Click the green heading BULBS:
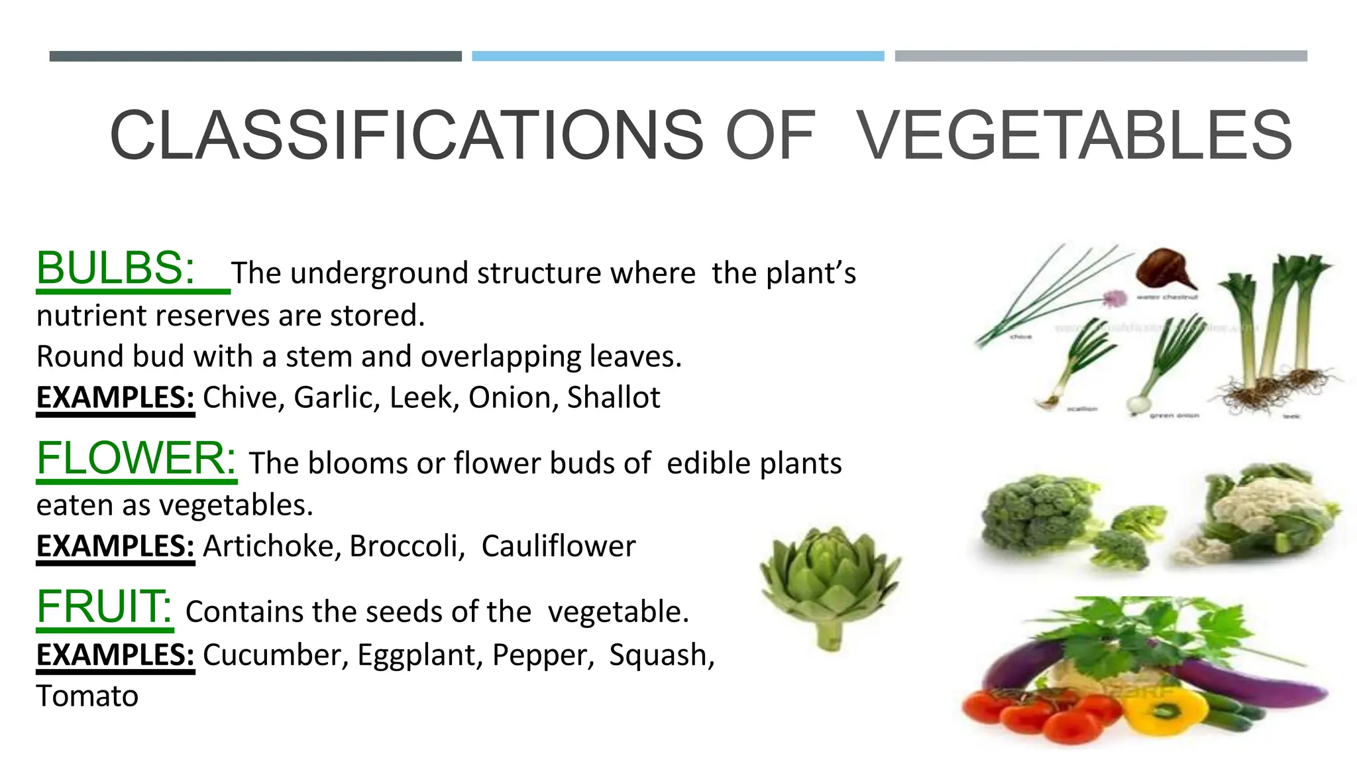(116, 269)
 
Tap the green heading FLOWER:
(136, 458)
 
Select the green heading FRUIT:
(104, 607)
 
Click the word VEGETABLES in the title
(1073, 136)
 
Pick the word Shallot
(614, 398)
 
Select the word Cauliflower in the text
(558, 546)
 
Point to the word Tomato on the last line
(87, 696)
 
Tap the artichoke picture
(830, 584)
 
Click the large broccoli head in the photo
(1035, 514)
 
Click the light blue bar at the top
(678, 56)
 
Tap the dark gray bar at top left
(255, 56)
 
